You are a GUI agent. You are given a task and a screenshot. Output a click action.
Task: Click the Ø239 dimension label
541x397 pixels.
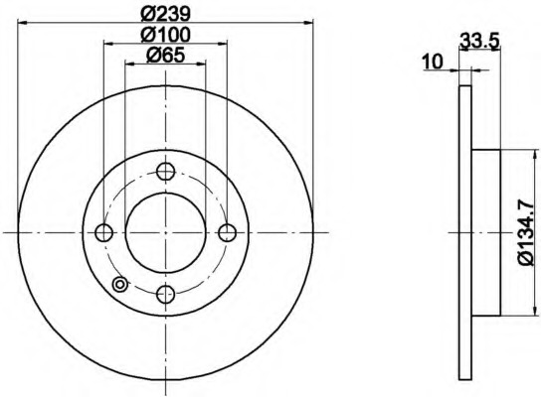[x=166, y=14]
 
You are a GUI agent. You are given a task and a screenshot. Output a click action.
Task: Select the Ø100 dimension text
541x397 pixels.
[x=166, y=35]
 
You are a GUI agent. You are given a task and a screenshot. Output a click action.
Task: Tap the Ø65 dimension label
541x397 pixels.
[x=166, y=56]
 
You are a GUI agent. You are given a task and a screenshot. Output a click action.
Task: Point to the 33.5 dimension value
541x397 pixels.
[x=479, y=42]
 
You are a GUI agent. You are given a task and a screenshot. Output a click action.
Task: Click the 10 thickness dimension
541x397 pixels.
[x=433, y=63]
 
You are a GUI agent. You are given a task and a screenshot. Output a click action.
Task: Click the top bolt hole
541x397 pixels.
[x=166, y=171]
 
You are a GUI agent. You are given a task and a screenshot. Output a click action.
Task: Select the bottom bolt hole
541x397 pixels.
[x=166, y=295]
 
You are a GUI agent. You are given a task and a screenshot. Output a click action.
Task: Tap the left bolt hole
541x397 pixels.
[x=103, y=233]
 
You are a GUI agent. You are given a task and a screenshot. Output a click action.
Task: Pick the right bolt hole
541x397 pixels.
[x=228, y=233]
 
